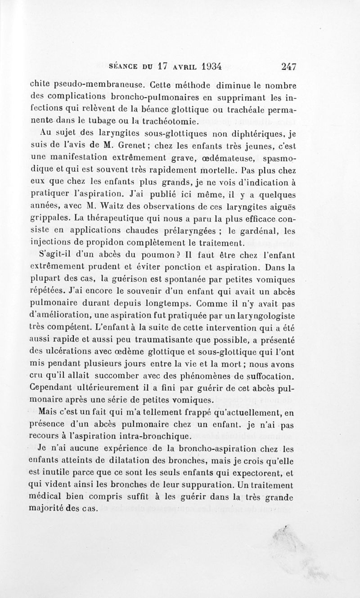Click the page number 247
(x=288, y=67)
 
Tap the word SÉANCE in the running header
(x=124, y=67)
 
